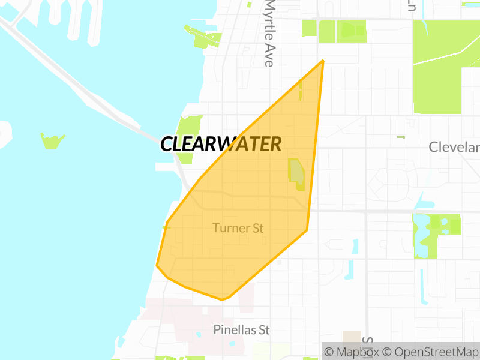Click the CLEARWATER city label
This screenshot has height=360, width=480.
click(x=221, y=144)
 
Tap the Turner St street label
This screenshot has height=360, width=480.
click(x=238, y=228)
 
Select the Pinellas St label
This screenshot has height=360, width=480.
click(x=242, y=330)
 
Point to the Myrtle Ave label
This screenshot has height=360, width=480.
click(x=269, y=33)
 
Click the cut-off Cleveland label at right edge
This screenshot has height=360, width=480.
click(x=454, y=147)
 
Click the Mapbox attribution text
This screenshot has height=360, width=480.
click(x=352, y=352)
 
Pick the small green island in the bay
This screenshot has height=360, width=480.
click(x=52, y=141)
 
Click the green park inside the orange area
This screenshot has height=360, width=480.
click(x=297, y=174)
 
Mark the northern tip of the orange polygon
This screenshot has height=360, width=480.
click(x=323, y=61)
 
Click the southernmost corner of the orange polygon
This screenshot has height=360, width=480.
click(x=223, y=299)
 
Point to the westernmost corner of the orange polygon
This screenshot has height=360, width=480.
click(x=157, y=265)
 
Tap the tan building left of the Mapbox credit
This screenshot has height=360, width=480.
click(x=352, y=337)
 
